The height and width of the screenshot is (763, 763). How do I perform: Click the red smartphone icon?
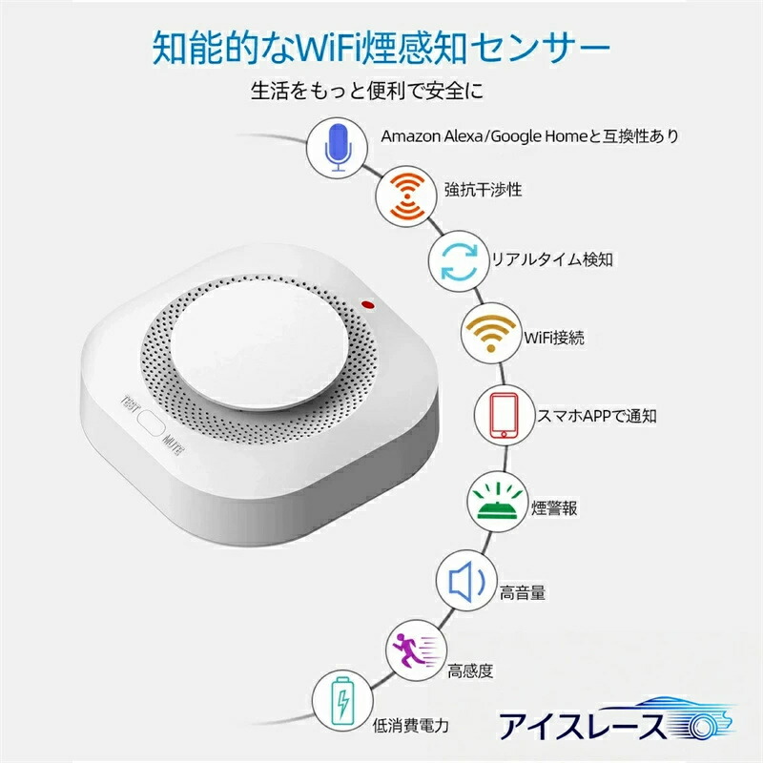click(x=505, y=415)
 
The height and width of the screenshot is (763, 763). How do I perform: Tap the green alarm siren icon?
click(x=497, y=502)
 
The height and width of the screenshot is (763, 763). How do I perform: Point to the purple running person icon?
click(x=418, y=650)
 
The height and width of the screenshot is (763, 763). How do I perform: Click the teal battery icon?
click(x=343, y=701)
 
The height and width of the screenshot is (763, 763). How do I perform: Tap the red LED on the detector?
click(x=368, y=305)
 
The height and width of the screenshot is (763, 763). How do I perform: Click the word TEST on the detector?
click(x=130, y=403)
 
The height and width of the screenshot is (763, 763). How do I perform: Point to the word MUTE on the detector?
click(x=174, y=443)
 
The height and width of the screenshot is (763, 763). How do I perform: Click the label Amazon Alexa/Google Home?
click(x=485, y=136)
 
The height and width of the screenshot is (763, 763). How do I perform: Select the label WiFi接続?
click(x=554, y=338)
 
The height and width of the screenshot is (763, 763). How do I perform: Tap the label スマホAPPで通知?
click(x=597, y=416)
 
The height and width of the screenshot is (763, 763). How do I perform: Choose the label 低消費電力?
click(x=411, y=726)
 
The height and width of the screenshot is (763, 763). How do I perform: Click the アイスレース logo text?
click(x=582, y=726)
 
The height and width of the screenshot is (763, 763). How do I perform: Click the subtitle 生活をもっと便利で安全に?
click(x=367, y=91)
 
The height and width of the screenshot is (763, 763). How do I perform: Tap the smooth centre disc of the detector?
click(x=259, y=345)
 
